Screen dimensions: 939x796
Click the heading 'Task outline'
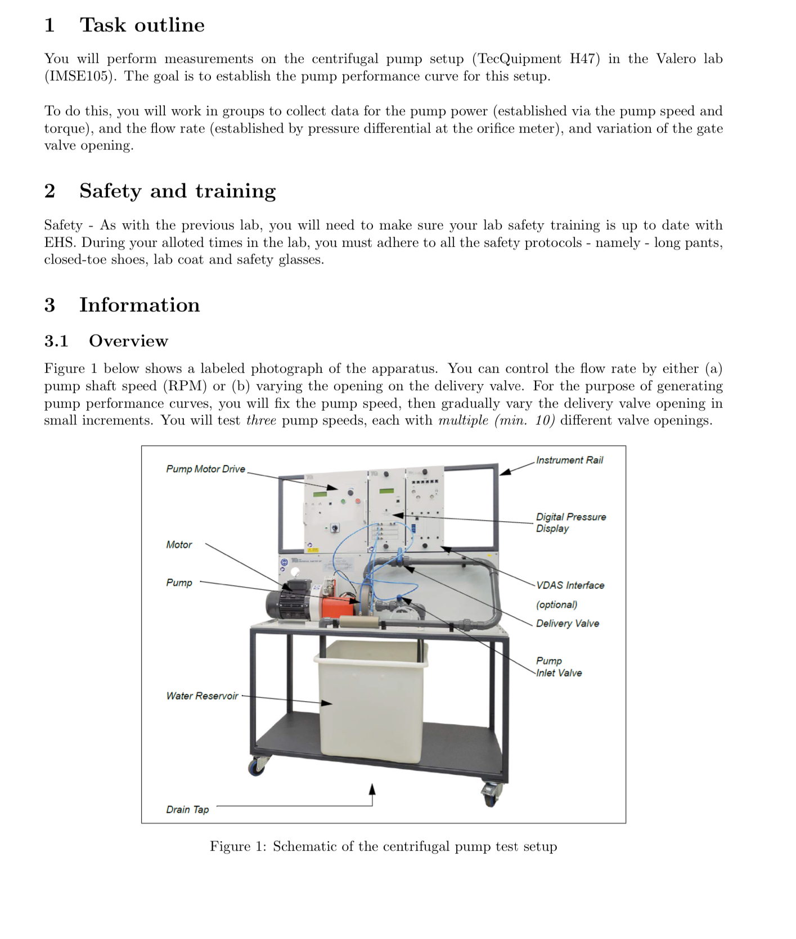tap(142, 25)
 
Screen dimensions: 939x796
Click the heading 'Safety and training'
tap(177, 191)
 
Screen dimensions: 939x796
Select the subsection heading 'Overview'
tap(128, 341)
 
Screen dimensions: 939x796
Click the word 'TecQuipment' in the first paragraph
tap(519, 59)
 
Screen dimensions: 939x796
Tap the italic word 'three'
tap(261, 421)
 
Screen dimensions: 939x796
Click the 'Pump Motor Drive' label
tap(205, 469)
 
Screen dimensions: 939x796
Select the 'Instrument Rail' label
tap(569, 460)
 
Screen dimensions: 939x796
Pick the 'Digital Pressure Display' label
tap(570, 522)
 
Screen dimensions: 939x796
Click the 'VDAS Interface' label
tap(570, 585)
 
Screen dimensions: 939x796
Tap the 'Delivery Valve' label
tap(567, 624)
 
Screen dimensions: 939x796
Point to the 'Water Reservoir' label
tap(202, 696)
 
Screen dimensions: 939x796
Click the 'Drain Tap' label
tap(187, 810)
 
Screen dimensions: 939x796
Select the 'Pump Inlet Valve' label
tap(558, 667)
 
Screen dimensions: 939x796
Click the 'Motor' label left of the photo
tap(179, 545)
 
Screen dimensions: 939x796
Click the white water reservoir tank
tap(371, 703)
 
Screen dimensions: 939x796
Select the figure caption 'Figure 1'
tap(383, 847)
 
